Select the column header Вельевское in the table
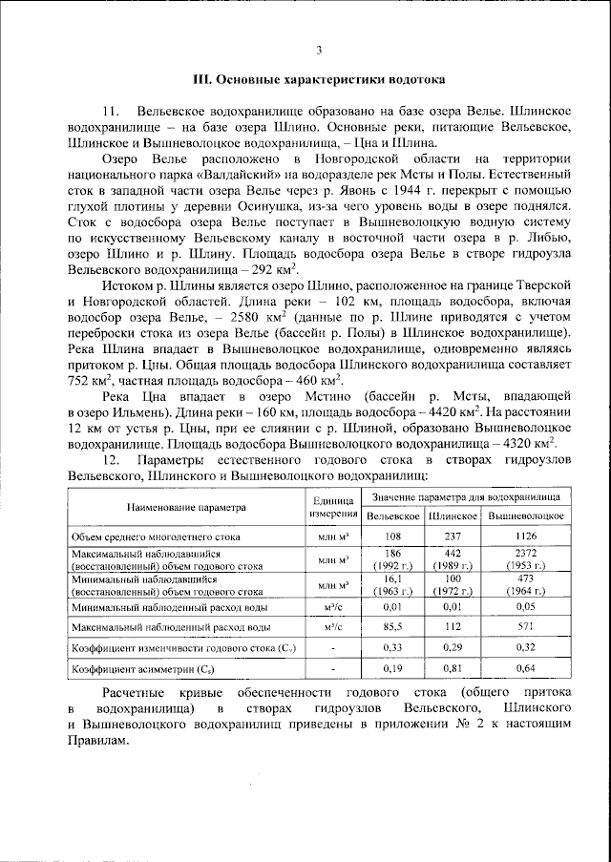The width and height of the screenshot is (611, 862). (x=393, y=516)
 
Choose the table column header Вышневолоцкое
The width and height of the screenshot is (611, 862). (x=525, y=516)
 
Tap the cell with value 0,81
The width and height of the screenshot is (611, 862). (x=453, y=668)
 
